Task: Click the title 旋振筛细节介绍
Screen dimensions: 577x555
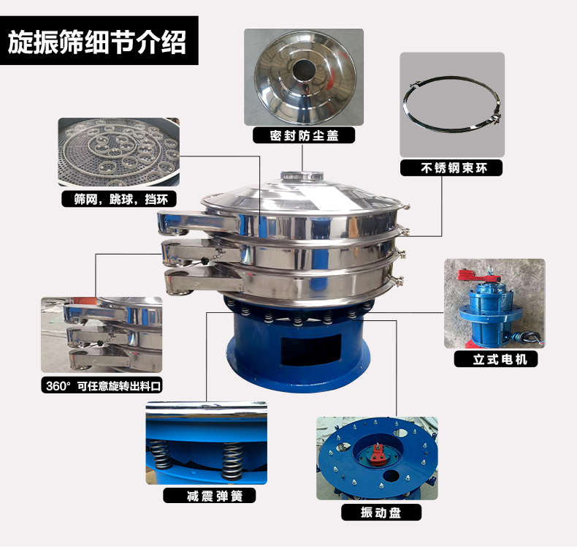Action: [x=97, y=42]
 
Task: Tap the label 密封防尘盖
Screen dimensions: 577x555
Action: [x=304, y=135]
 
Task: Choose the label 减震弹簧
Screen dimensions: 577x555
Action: [x=215, y=496]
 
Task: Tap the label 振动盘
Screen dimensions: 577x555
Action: [x=381, y=513]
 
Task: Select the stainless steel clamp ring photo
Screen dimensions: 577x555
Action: [x=452, y=105]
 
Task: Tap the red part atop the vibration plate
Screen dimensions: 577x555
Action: [x=378, y=453]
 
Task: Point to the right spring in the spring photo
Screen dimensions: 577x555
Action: [x=232, y=460]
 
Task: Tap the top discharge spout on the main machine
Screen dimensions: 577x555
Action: [x=197, y=222]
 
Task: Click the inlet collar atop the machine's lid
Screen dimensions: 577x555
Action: [x=302, y=175]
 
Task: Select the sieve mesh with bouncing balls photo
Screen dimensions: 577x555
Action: [x=119, y=152]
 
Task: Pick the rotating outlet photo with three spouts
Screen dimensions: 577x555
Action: [x=102, y=335]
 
